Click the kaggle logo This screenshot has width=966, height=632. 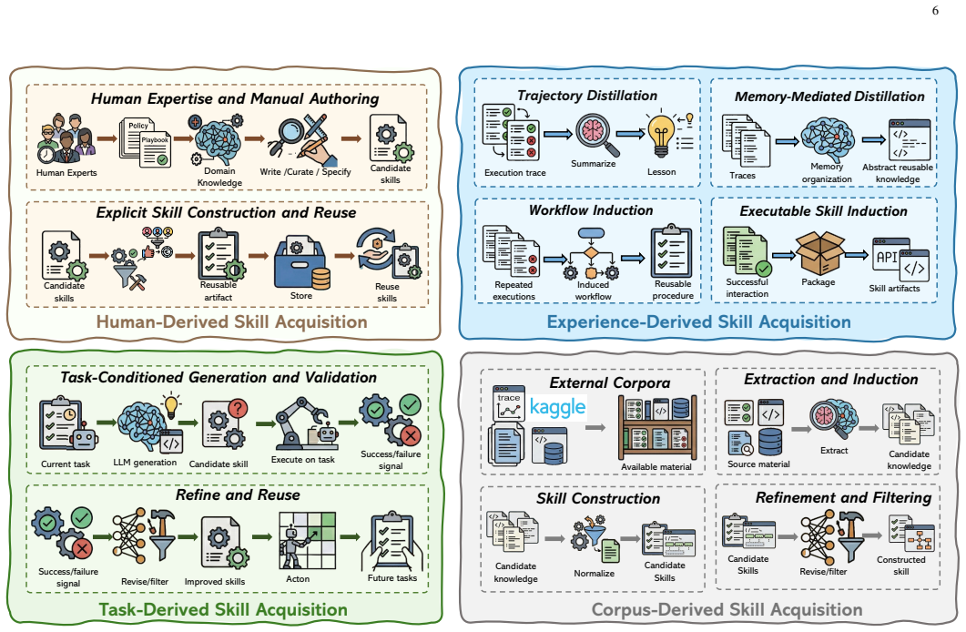[557, 407]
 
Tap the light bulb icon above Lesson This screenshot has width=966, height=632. [660, 136]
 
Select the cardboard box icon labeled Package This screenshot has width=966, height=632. [820, 252]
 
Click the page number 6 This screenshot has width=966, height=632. [935, 10]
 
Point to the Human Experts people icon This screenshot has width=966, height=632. [66, 138]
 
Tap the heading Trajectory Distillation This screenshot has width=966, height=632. [587, 96]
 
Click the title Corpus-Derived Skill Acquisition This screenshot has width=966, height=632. [727, 610]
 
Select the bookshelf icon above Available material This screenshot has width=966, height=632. [657, 427]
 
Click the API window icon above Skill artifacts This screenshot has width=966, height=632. [900, 260]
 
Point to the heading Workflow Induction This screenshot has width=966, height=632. [591, 210]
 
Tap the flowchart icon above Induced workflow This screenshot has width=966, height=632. [591, 254]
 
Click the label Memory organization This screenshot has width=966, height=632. [827, 173]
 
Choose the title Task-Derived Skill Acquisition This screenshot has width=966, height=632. [223, 610]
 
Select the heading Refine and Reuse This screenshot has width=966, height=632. [238, 495]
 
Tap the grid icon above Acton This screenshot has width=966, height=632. [308, 541]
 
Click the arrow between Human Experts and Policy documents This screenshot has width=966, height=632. [107, 138]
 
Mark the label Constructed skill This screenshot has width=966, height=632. [900, 566]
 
